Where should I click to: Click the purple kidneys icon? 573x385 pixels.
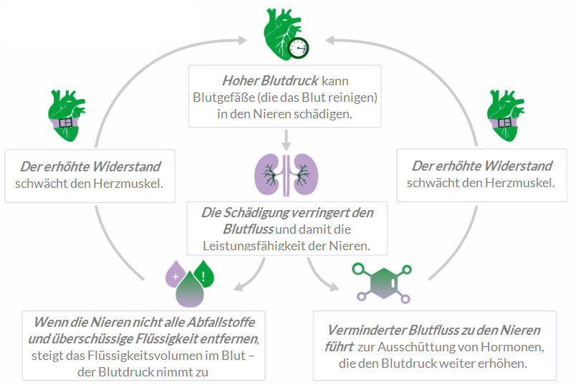[x=286, y=174]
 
